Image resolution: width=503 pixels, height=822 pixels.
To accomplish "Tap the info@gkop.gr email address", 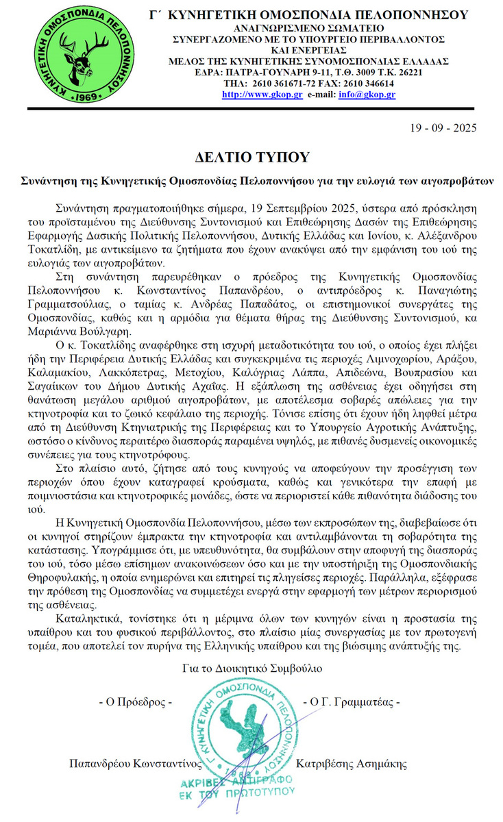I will (367, 94).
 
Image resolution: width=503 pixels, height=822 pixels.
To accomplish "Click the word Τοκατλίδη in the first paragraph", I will (78, 251).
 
